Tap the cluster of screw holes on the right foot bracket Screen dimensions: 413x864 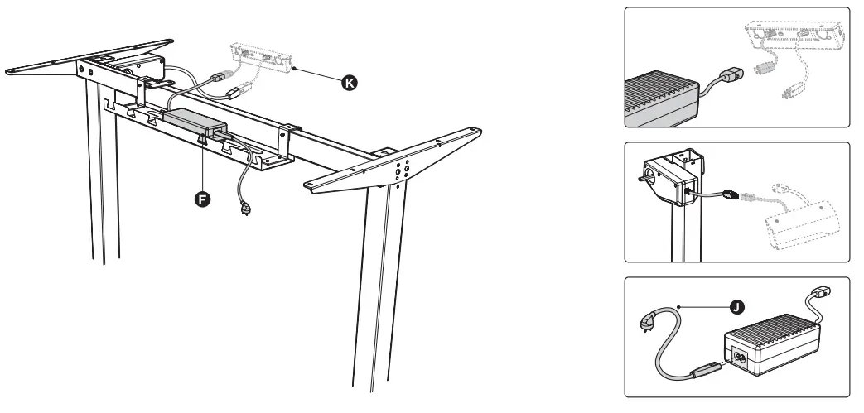point(403,169)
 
